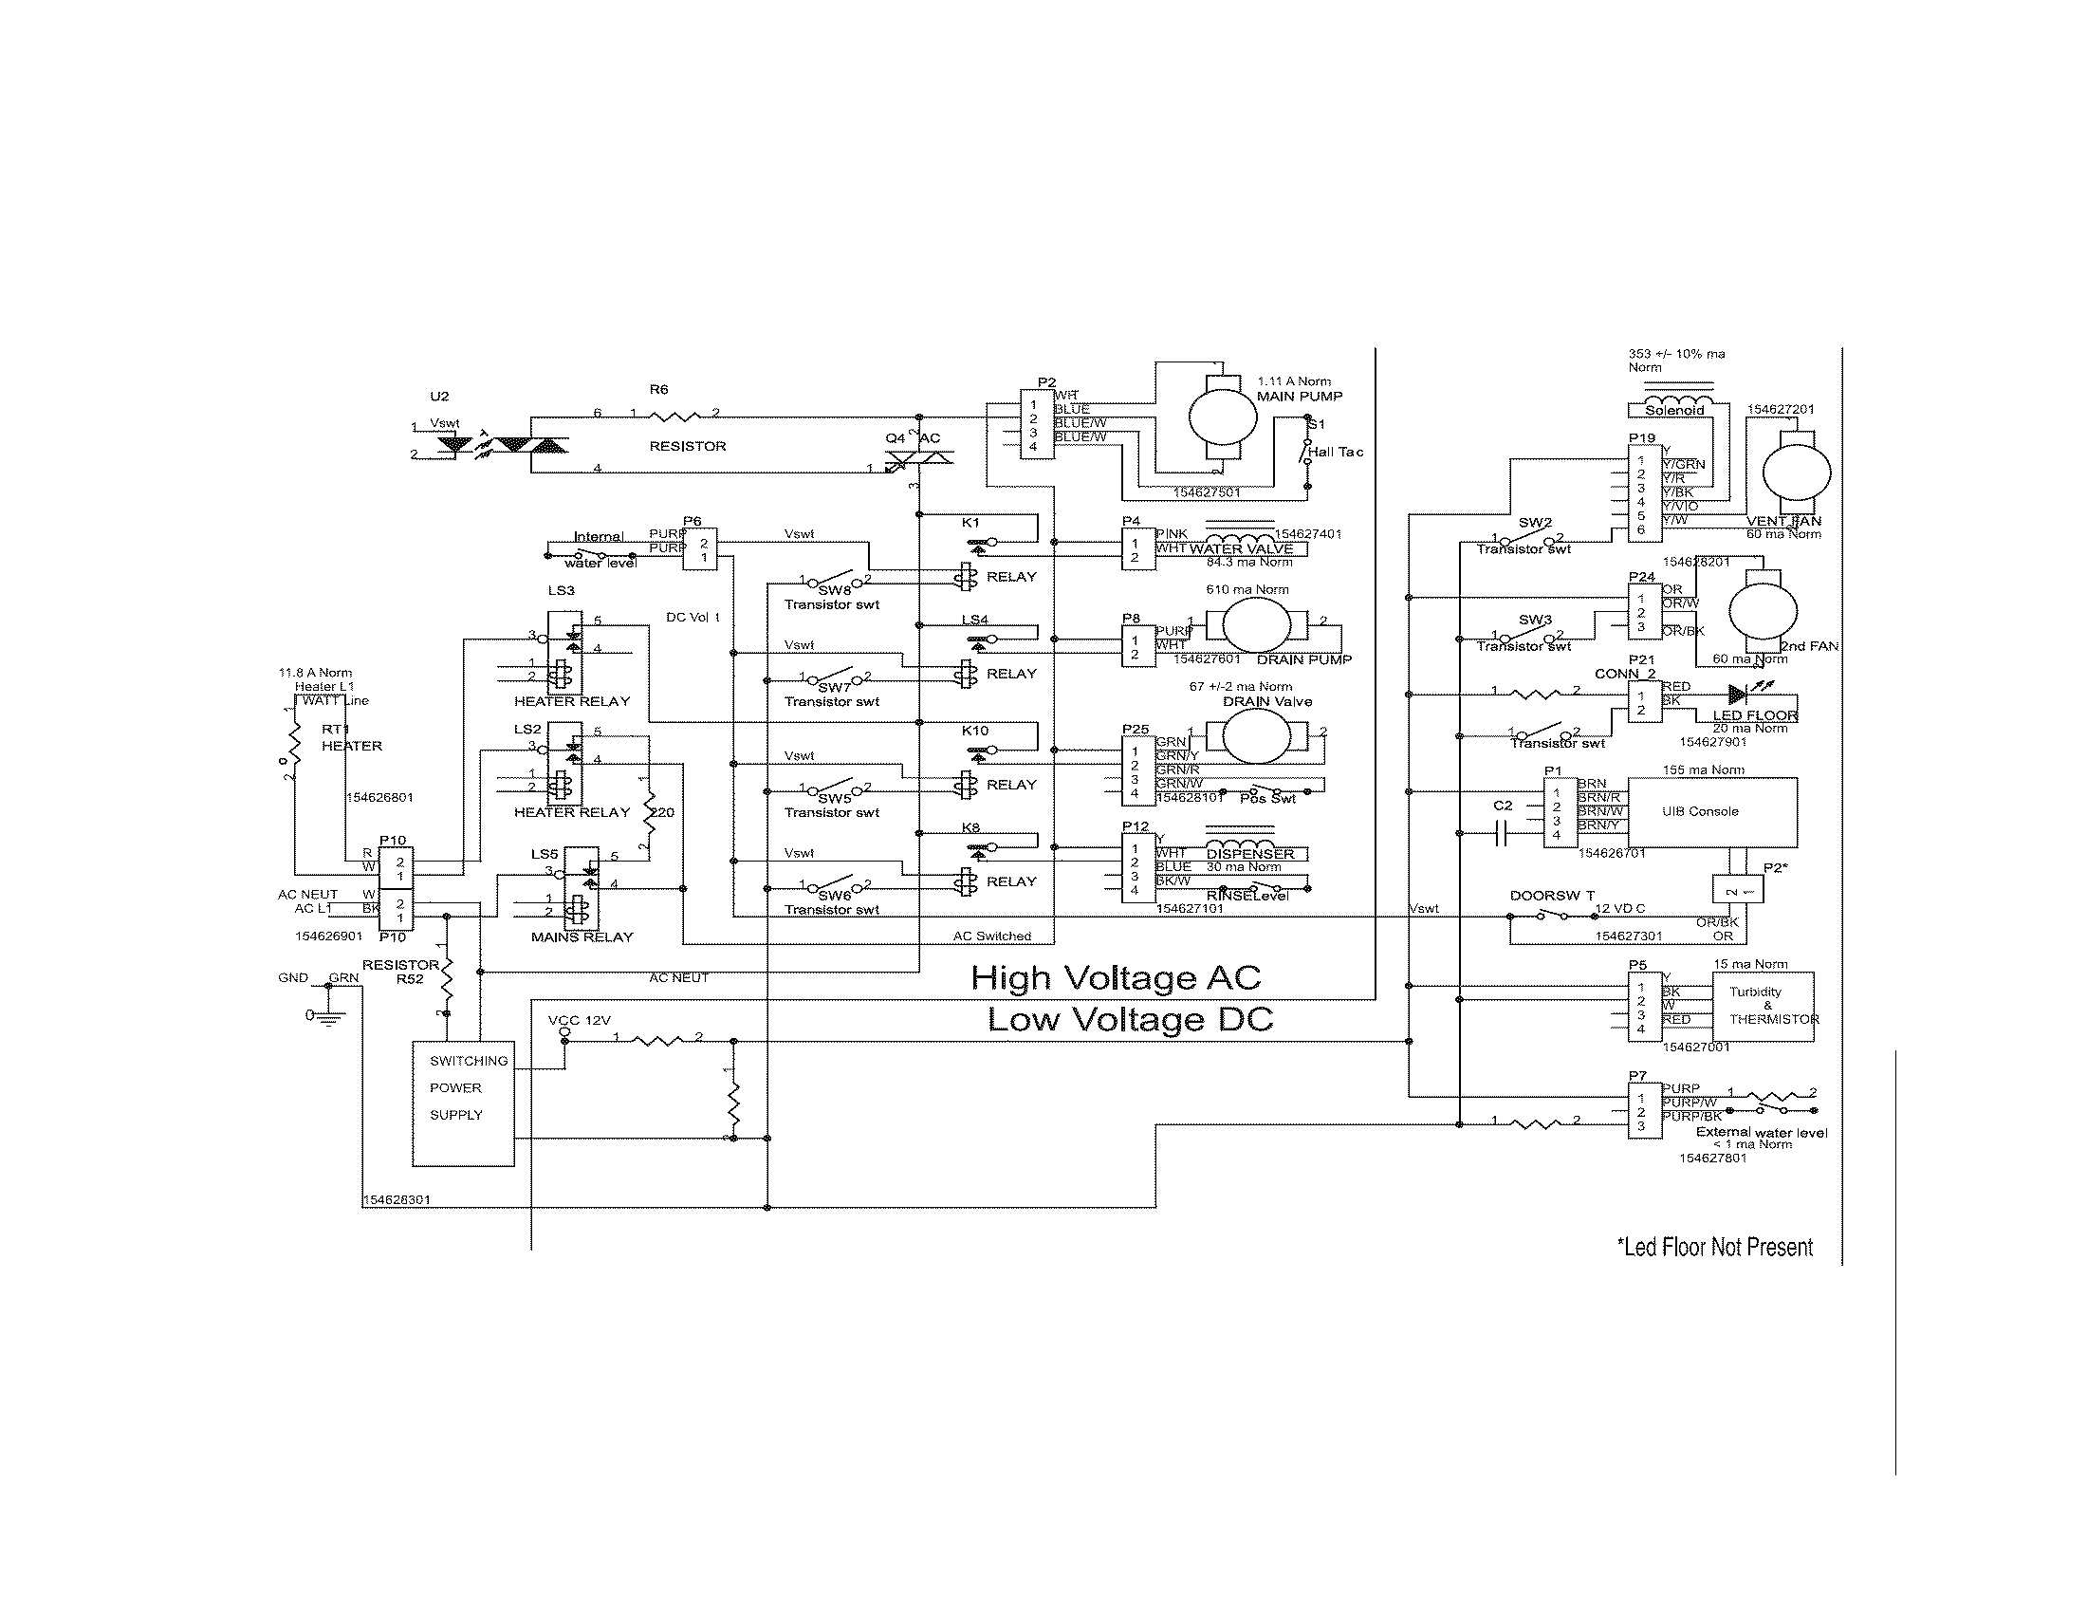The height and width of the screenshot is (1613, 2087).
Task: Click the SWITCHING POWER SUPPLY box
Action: [463, 1103]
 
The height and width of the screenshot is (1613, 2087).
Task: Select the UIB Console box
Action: [1711, 811]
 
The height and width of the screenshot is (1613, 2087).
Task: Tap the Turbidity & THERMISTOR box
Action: [1764, 1006]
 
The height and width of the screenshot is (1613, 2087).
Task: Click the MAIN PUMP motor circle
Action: [1222, 417]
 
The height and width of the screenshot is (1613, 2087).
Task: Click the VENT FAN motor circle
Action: [1796, 473]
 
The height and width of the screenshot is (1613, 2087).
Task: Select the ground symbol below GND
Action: [329, 1019]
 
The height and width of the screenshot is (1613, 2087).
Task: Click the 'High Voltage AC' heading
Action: [1116, 977]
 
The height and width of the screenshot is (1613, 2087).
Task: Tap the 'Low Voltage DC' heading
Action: [1130, 1020]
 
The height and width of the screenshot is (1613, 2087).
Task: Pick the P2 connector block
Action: [1036, 424]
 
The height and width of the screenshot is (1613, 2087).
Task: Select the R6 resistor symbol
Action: [674, 415]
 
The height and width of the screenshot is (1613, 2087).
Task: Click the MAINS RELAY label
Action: [581, 937]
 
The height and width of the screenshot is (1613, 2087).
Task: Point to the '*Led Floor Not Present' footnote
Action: [1714, 1247]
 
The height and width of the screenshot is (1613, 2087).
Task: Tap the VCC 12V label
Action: [579, 1021]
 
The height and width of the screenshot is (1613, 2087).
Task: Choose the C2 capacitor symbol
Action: [1503, 836]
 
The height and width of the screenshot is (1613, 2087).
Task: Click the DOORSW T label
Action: [1552, 896]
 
